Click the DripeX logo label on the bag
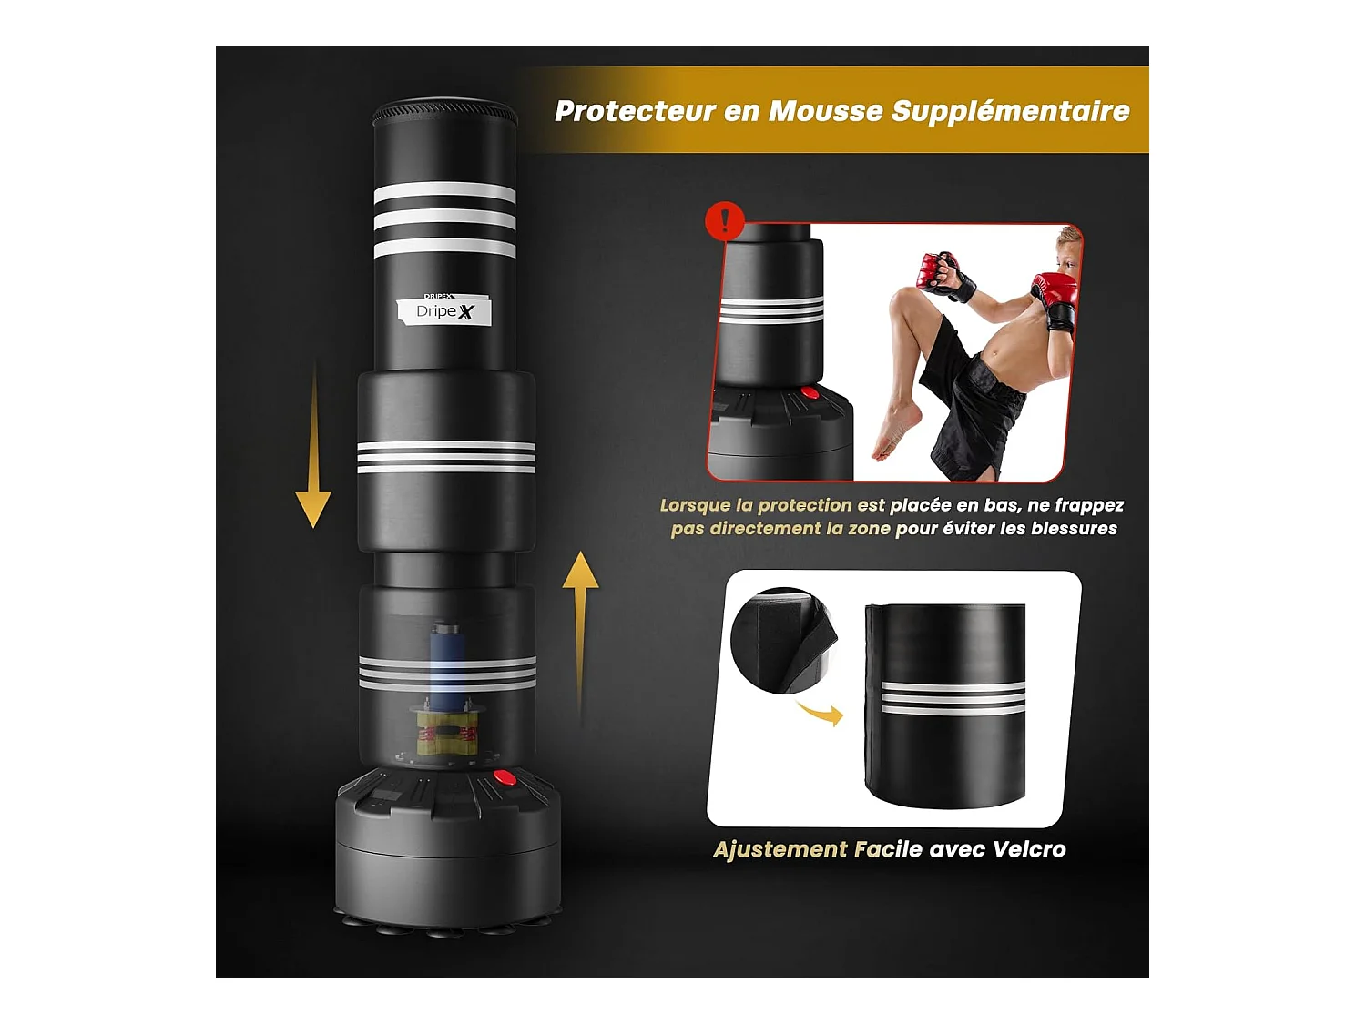pos(444,311)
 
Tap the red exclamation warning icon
pos(725,221)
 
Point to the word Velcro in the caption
pos(1029,849)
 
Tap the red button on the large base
pos(504,777)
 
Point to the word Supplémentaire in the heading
pos(1010,111)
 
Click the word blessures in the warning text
pos(1074,529)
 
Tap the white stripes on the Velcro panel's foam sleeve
pos(953,697)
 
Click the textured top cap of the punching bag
pos(444,115)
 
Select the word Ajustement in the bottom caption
pos(780,849)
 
